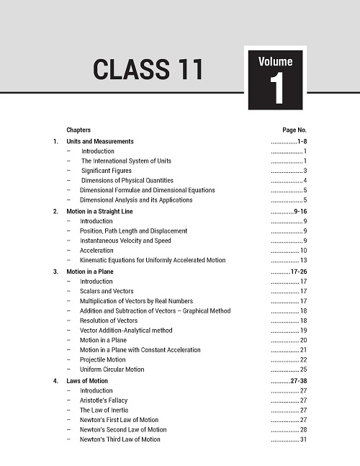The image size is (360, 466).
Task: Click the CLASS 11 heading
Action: pyautogui.click(x=148, y=69)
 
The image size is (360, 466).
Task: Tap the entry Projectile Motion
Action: pyautogui.click(x=102, y=359)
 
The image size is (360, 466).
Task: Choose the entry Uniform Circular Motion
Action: pyautogui.click(x=112, y=369)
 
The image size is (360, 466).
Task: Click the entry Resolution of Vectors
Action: pyautogui.click(x=109, y=321)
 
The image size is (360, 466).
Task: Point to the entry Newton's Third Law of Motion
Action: pyautogui.click(x=120, y=439)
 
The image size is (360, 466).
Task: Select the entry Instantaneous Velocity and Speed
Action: pyautogui.click(x=125, y=241)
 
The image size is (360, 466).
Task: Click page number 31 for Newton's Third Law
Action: pyautogui.click(x=304, y=439)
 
